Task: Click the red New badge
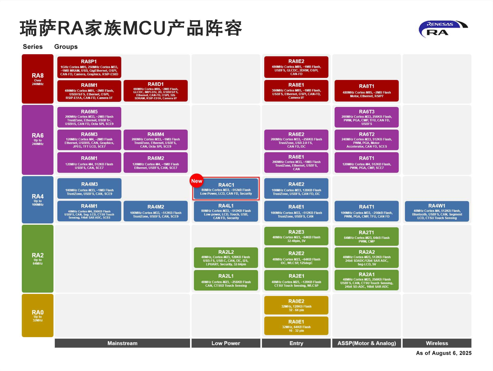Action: pyautogui.click(x=197, y=181)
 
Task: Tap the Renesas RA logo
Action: pyautogui.click(x=443, y=29)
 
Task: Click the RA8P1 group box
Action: pyautogui.click(x=89, y=67)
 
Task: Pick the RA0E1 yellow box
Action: pyautogui.click(x=296, y=326)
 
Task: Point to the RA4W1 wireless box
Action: pyautogui.click(x=437, y=212)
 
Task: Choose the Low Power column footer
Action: pyautogui.click(x=226, y=343)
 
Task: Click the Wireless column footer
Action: pyautogui.click(x=437, y=343)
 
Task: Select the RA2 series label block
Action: pyautogui.click(x=38, y=259)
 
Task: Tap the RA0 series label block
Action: pyautogui.click(x=38, y=315)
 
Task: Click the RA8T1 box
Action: pyautogui.click(x=366, y=91)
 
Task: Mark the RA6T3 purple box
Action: pyautogui.click(x=366, y=117)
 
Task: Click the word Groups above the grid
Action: pyautogui.click(x=66, y=47)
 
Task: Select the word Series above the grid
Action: pyautogui.click(x=33, y=47)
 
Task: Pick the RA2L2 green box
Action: pyautogui.click(x=226, y=257)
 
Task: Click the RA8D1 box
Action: pyautogui.click(x=156, y=91)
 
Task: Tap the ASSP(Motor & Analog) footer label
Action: pyautogui.click(x=366, y=343)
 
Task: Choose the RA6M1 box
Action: pyautogui.click(x=89, y=162)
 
